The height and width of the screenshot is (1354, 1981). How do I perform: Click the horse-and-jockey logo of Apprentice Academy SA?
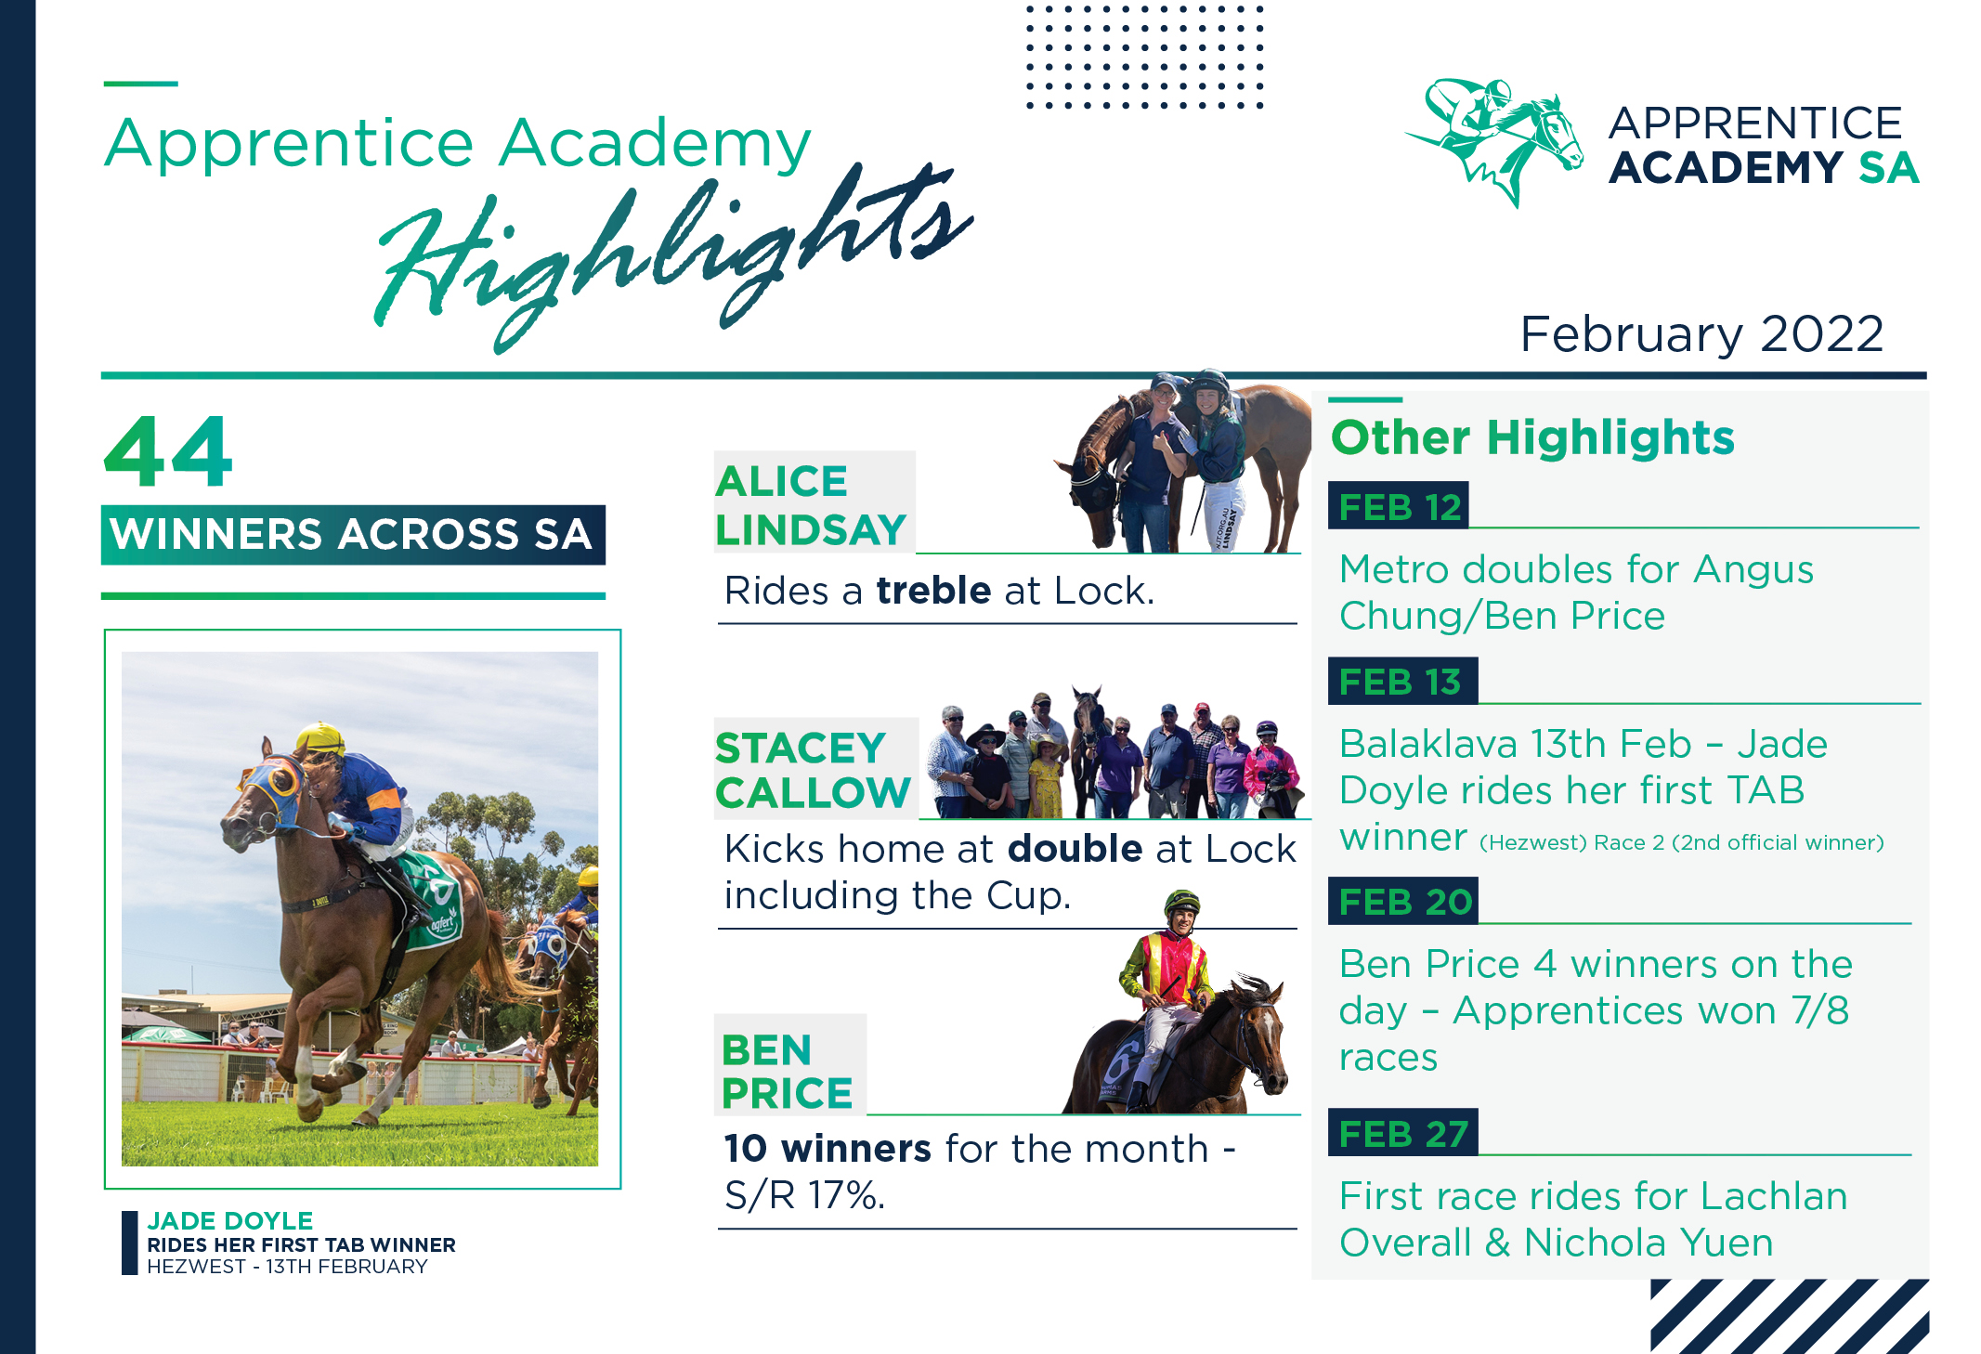pos(1495,139)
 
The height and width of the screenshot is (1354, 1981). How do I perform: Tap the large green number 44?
pos(168,452)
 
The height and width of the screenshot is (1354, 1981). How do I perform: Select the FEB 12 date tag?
pos(1399,506)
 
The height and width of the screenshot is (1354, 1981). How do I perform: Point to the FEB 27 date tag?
pos(1402,1133)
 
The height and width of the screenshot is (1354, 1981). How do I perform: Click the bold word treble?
pos(933,591)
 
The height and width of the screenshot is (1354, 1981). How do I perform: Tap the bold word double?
pos(1075,849)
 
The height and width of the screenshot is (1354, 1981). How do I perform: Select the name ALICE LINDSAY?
pos(810,505)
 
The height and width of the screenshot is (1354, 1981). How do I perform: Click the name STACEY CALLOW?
pos(813,770)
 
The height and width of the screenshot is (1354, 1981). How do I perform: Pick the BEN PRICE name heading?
pos(787,1072)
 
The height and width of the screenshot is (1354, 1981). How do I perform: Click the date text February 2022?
pos(1701,333)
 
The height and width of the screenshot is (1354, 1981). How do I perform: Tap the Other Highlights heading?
pos(1532,437)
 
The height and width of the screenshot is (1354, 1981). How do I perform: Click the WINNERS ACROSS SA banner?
pos(352,535)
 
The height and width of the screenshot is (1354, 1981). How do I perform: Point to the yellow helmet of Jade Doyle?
pos(319,738)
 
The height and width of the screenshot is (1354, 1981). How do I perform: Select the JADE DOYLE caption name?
pos(230,1220)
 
